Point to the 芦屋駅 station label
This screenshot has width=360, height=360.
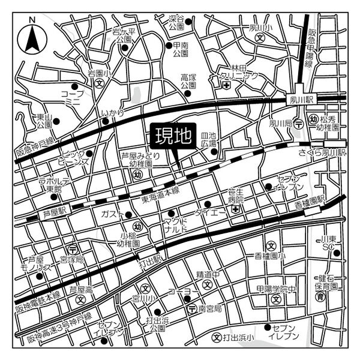pyautogui.click(x=57, y=211)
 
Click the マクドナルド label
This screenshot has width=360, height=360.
pyautogui.click(x=179, y=225)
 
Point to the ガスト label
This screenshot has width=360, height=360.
pyautogui.click(x=112, y=214)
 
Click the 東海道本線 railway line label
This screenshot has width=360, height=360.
pyautogui.click(x=161, y=190)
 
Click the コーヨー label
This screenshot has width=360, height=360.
pyautogui.click(x=179, y=292)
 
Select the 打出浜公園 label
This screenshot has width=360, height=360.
pyautogui.click(x=158, y=325)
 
